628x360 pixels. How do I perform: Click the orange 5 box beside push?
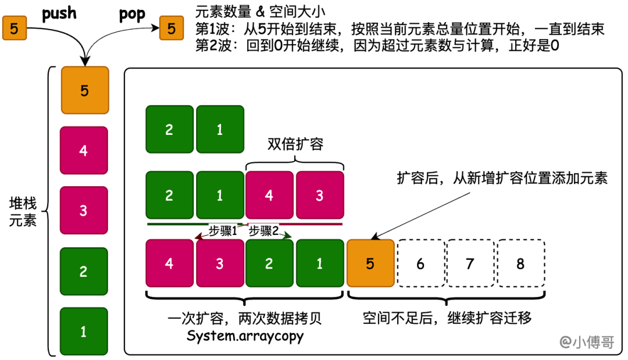click(x=13, y=28)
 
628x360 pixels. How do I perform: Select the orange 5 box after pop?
click(x=171, y=28)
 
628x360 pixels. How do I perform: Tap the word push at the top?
click(x=59, y=13)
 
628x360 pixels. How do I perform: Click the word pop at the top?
click(x=131, y=14)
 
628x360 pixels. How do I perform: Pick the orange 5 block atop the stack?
click(x=84, y=91)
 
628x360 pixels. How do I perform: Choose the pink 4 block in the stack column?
click(x=84, y=151)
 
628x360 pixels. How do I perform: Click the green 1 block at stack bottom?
click(x=84, y=332)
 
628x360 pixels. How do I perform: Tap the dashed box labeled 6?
click(x=420, y=263)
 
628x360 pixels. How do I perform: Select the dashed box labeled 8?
click(x=520, y=263)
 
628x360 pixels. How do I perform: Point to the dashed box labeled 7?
click(x=470, y=263)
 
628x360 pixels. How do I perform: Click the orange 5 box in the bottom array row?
click(x=370, y=263)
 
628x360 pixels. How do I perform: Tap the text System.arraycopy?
click(x=245, y=336)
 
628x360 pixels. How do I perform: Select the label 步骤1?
click(x=223, y=230)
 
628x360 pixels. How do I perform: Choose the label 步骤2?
click(x=264, y=230)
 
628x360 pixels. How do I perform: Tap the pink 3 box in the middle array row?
click(x=319, y=195)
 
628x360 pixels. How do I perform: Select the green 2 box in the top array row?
click(x=169, y=129)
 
